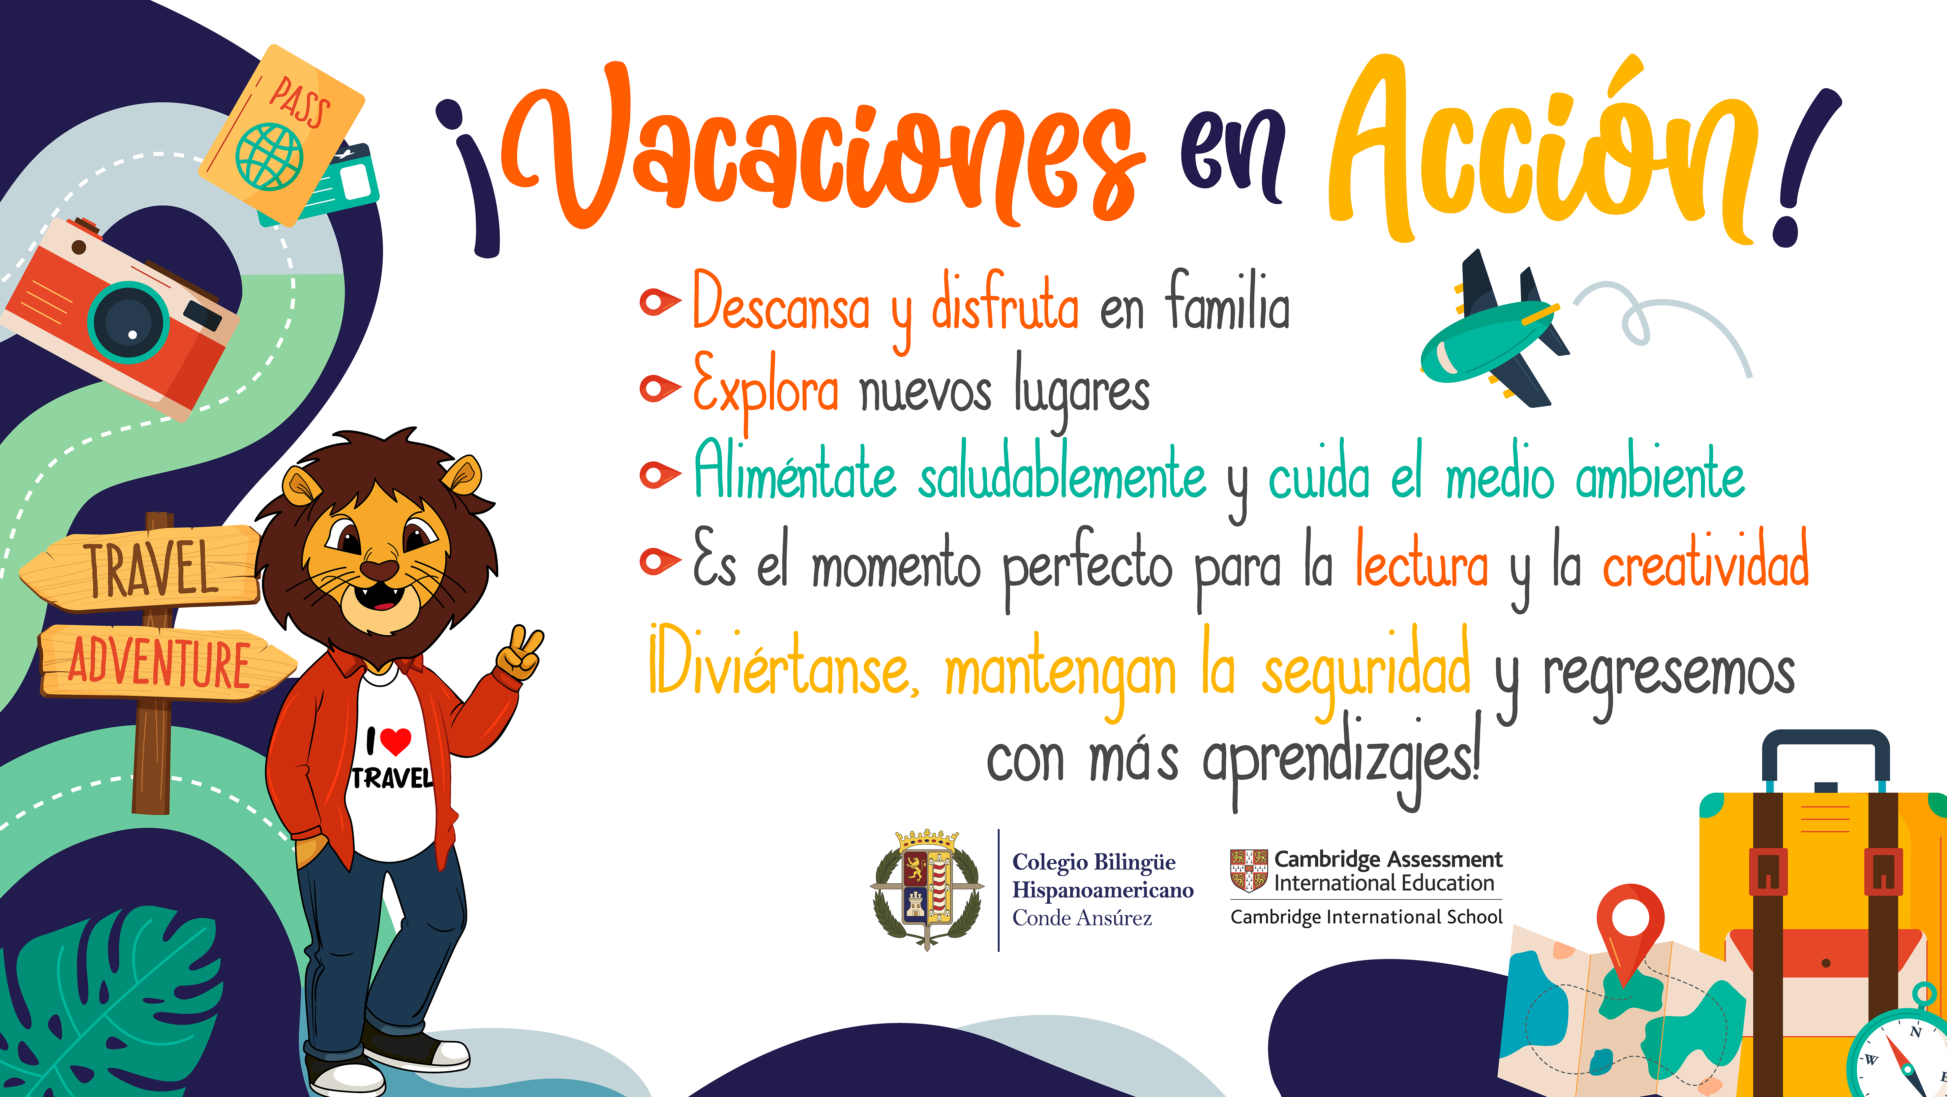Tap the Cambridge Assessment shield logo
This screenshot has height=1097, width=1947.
click(1249, 870)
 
